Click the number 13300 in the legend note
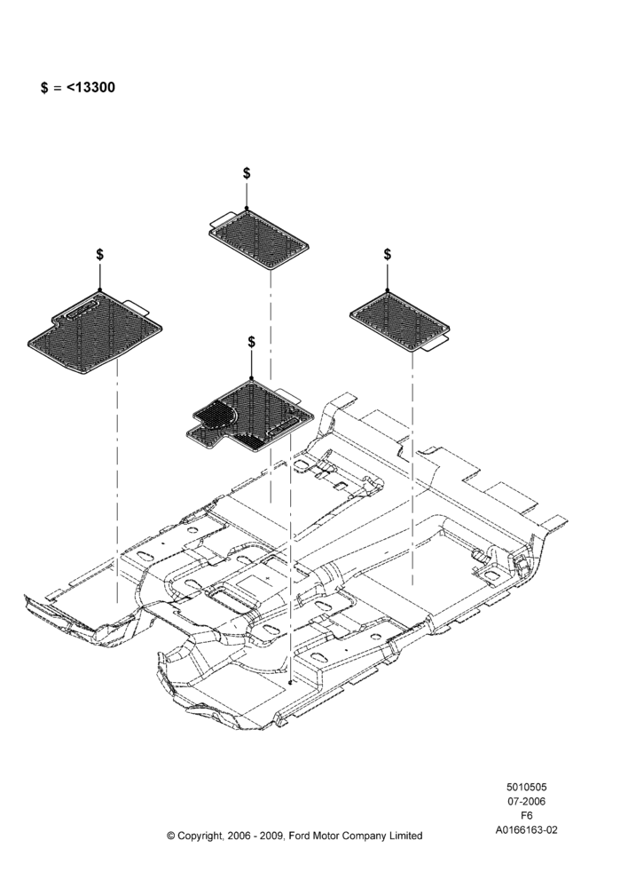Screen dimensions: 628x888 (x=95, y=87)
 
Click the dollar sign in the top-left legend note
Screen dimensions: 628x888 (x=44, y=88)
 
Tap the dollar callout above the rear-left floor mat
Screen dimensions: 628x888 (x=247, y=173)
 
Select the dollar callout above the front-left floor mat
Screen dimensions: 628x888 (x=99, y=254)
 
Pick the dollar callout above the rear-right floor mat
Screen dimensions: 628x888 (x=387, y=254)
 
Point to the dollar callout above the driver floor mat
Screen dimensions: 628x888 (x=251, y=342)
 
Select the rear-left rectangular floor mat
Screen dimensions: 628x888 (x=259, y=238)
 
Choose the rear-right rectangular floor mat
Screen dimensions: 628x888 (x=400, y=321)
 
